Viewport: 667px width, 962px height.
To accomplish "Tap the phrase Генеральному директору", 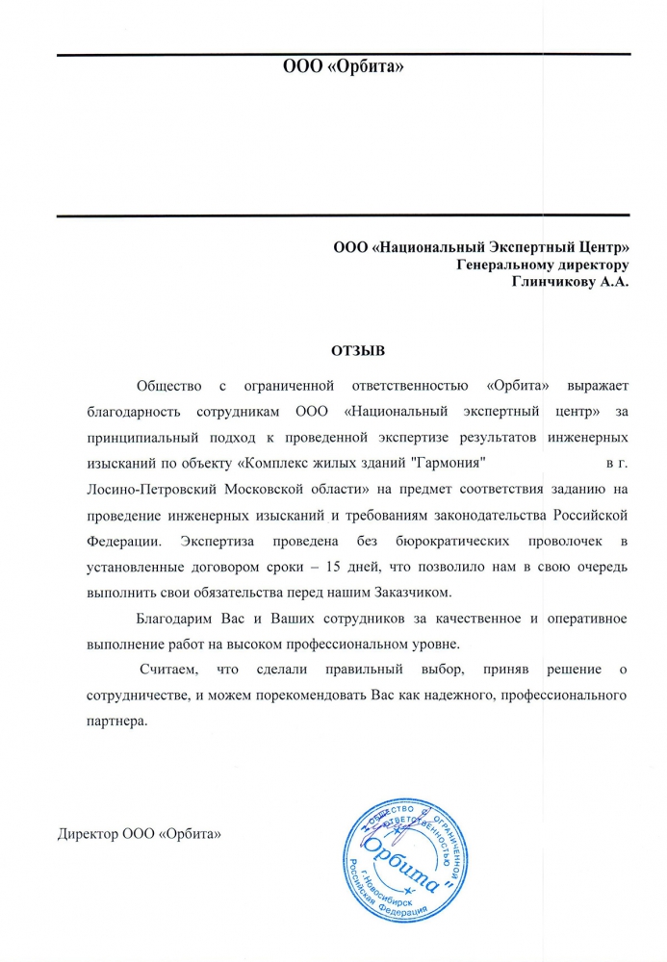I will pyautogui.click(x=543, y=264).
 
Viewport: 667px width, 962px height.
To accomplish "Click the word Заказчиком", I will pyautogui.click(x=423, y=588).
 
